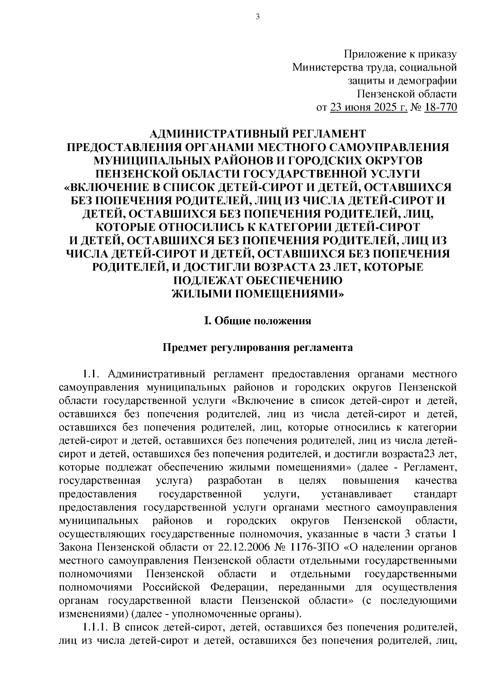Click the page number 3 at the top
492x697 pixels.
coord(257,17)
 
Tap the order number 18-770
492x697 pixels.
coord(442,108)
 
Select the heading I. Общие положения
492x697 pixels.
coord(257,321)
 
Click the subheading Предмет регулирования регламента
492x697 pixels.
coord(257,348)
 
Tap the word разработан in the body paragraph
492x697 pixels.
coord(233,481)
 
